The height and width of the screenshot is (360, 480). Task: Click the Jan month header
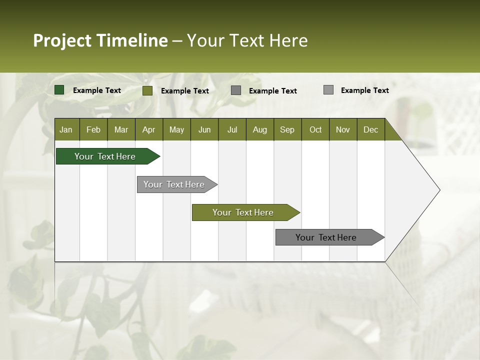[66, 129]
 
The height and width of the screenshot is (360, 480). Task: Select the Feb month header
[93, 129]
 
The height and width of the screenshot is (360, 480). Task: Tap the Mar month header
[121, 129]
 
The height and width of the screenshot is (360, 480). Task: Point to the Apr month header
[149, 129]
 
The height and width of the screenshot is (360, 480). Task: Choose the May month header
[176, 129]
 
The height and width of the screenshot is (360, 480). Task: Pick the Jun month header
[204, 129]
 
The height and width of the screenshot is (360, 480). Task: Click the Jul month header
[232, 129]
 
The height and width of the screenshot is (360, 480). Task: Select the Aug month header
[260, 129]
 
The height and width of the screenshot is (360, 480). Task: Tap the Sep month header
[287, 129]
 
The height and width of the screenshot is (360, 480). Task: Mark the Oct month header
[315, 129]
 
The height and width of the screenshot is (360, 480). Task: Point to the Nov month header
[343, 129]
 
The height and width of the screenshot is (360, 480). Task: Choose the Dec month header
[370, 129]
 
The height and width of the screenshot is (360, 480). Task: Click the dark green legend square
[59, 90]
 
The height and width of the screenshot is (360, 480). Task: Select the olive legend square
[147, 90]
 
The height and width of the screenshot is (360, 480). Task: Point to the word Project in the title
[62, 40]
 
